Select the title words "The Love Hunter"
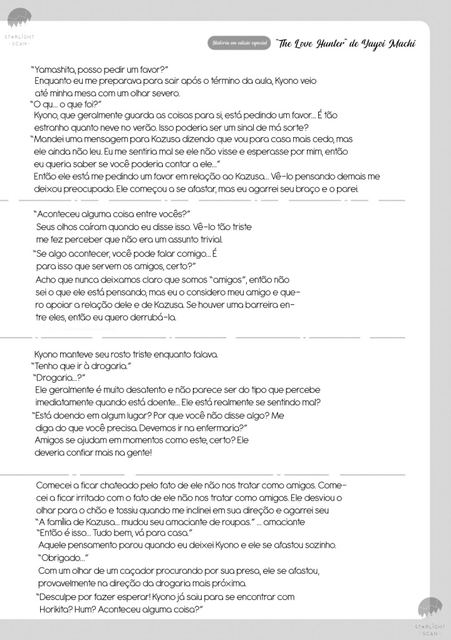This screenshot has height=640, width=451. [310, 43]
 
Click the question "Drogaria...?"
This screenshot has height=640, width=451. [58, 377]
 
